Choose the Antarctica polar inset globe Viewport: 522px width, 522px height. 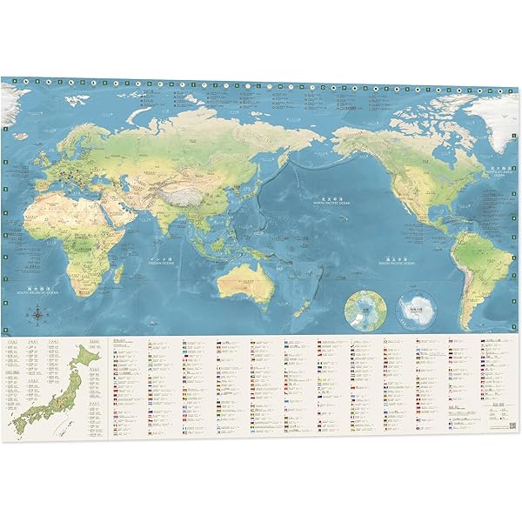414,310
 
